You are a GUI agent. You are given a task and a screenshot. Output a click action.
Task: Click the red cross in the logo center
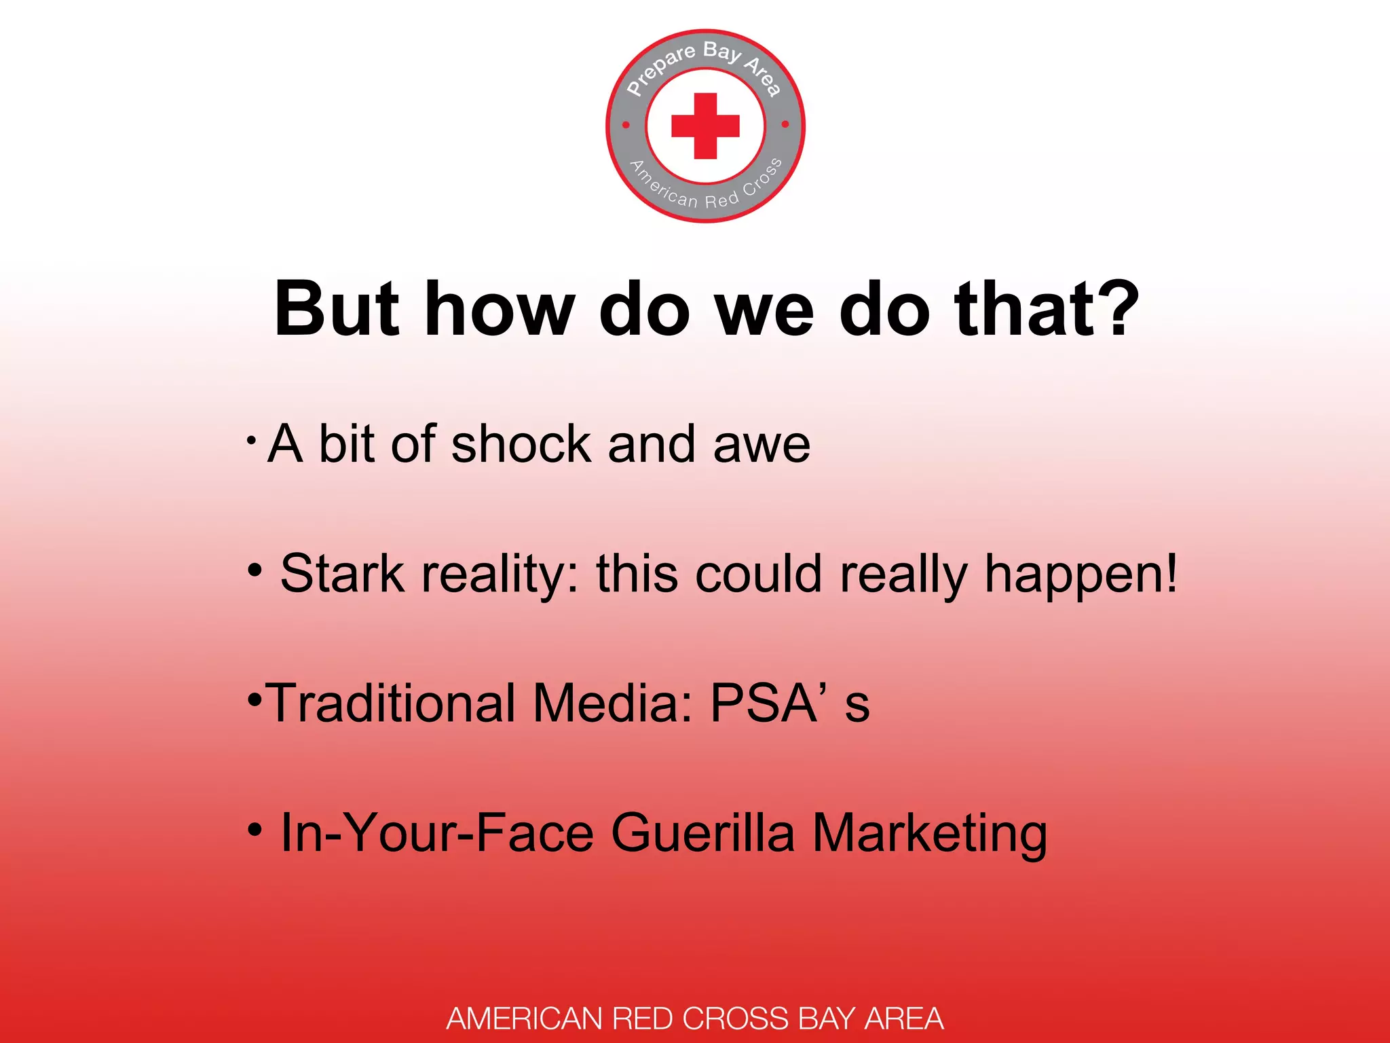point(705,126)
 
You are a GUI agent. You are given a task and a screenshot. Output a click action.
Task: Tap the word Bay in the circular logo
point(721,52)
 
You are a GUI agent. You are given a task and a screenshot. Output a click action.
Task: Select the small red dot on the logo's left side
point(626,125)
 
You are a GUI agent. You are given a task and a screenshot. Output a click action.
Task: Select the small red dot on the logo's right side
point(785,124)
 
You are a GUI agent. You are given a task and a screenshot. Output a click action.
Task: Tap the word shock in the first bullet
point(521,445)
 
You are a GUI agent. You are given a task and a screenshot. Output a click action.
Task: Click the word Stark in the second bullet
point(342,574)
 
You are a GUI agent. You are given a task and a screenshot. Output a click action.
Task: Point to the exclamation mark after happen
point(1169,574)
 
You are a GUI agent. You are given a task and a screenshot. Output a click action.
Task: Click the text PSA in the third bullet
point(763,703)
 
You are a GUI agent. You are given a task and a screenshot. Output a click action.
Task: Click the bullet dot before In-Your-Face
point(255,829)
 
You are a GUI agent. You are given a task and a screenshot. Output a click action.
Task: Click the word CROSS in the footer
point(735,1019)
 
